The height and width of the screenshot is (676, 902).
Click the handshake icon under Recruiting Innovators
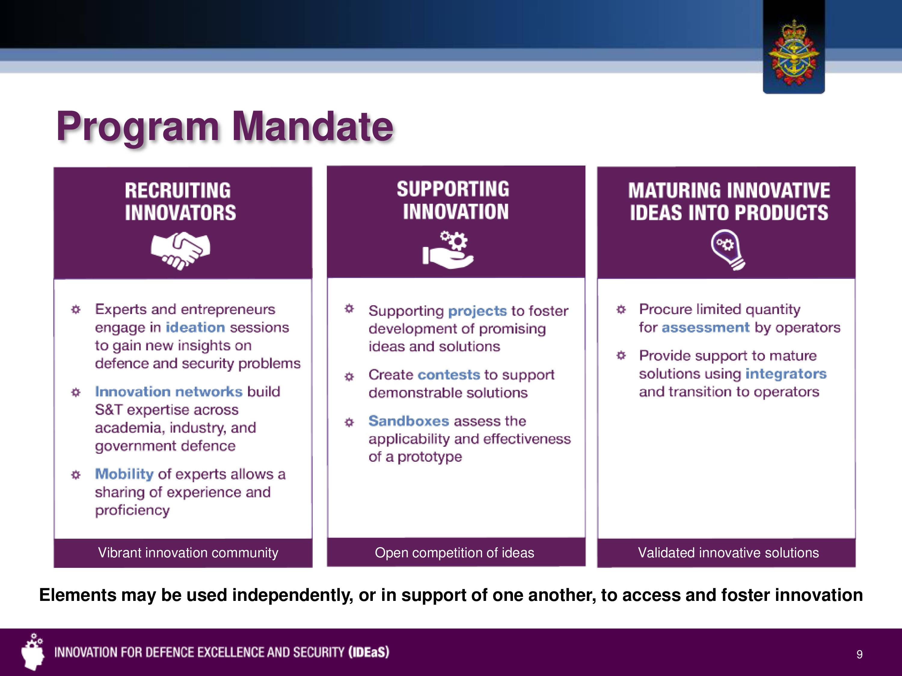[180, 251]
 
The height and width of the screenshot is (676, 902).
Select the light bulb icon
[728, 250]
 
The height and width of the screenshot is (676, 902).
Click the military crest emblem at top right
[793, 52]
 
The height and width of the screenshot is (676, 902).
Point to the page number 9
[859, 654]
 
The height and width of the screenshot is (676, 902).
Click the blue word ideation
[195, 327]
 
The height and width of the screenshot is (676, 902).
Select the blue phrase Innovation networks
[169, 391]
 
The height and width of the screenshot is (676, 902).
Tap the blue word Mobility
[124, 474]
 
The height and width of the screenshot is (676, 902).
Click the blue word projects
[477, 311]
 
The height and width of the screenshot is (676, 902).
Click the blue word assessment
[705, 327]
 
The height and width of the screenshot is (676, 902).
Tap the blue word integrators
[786, 374]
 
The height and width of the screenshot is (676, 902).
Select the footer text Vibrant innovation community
[188, 553]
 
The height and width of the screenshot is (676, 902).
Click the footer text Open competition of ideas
[454, 553]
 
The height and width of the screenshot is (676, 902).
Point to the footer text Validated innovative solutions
[728, 553]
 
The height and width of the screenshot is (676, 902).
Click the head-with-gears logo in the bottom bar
[32, 652]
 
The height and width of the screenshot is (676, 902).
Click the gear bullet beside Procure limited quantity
[621, 310]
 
